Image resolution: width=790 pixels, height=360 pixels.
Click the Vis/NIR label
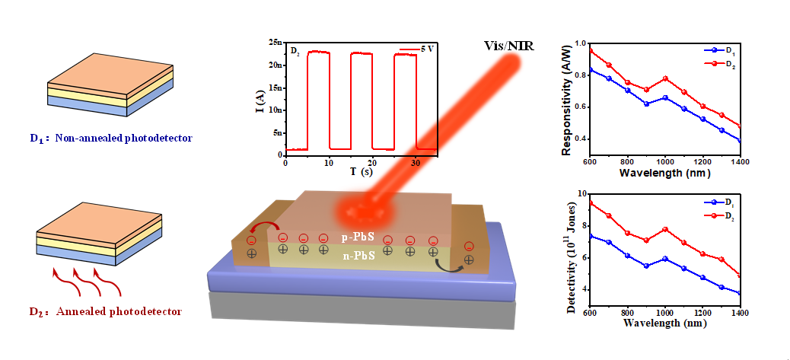coord(508,47)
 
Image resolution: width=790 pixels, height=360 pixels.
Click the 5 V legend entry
coord(417,49)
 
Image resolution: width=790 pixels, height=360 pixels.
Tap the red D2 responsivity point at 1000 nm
coord(665,78)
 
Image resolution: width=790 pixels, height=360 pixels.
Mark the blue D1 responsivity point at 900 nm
coord(646,104)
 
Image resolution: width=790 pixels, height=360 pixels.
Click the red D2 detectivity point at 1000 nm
coord(665,229)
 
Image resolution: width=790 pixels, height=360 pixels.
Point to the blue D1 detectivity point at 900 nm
coord(646,266)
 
